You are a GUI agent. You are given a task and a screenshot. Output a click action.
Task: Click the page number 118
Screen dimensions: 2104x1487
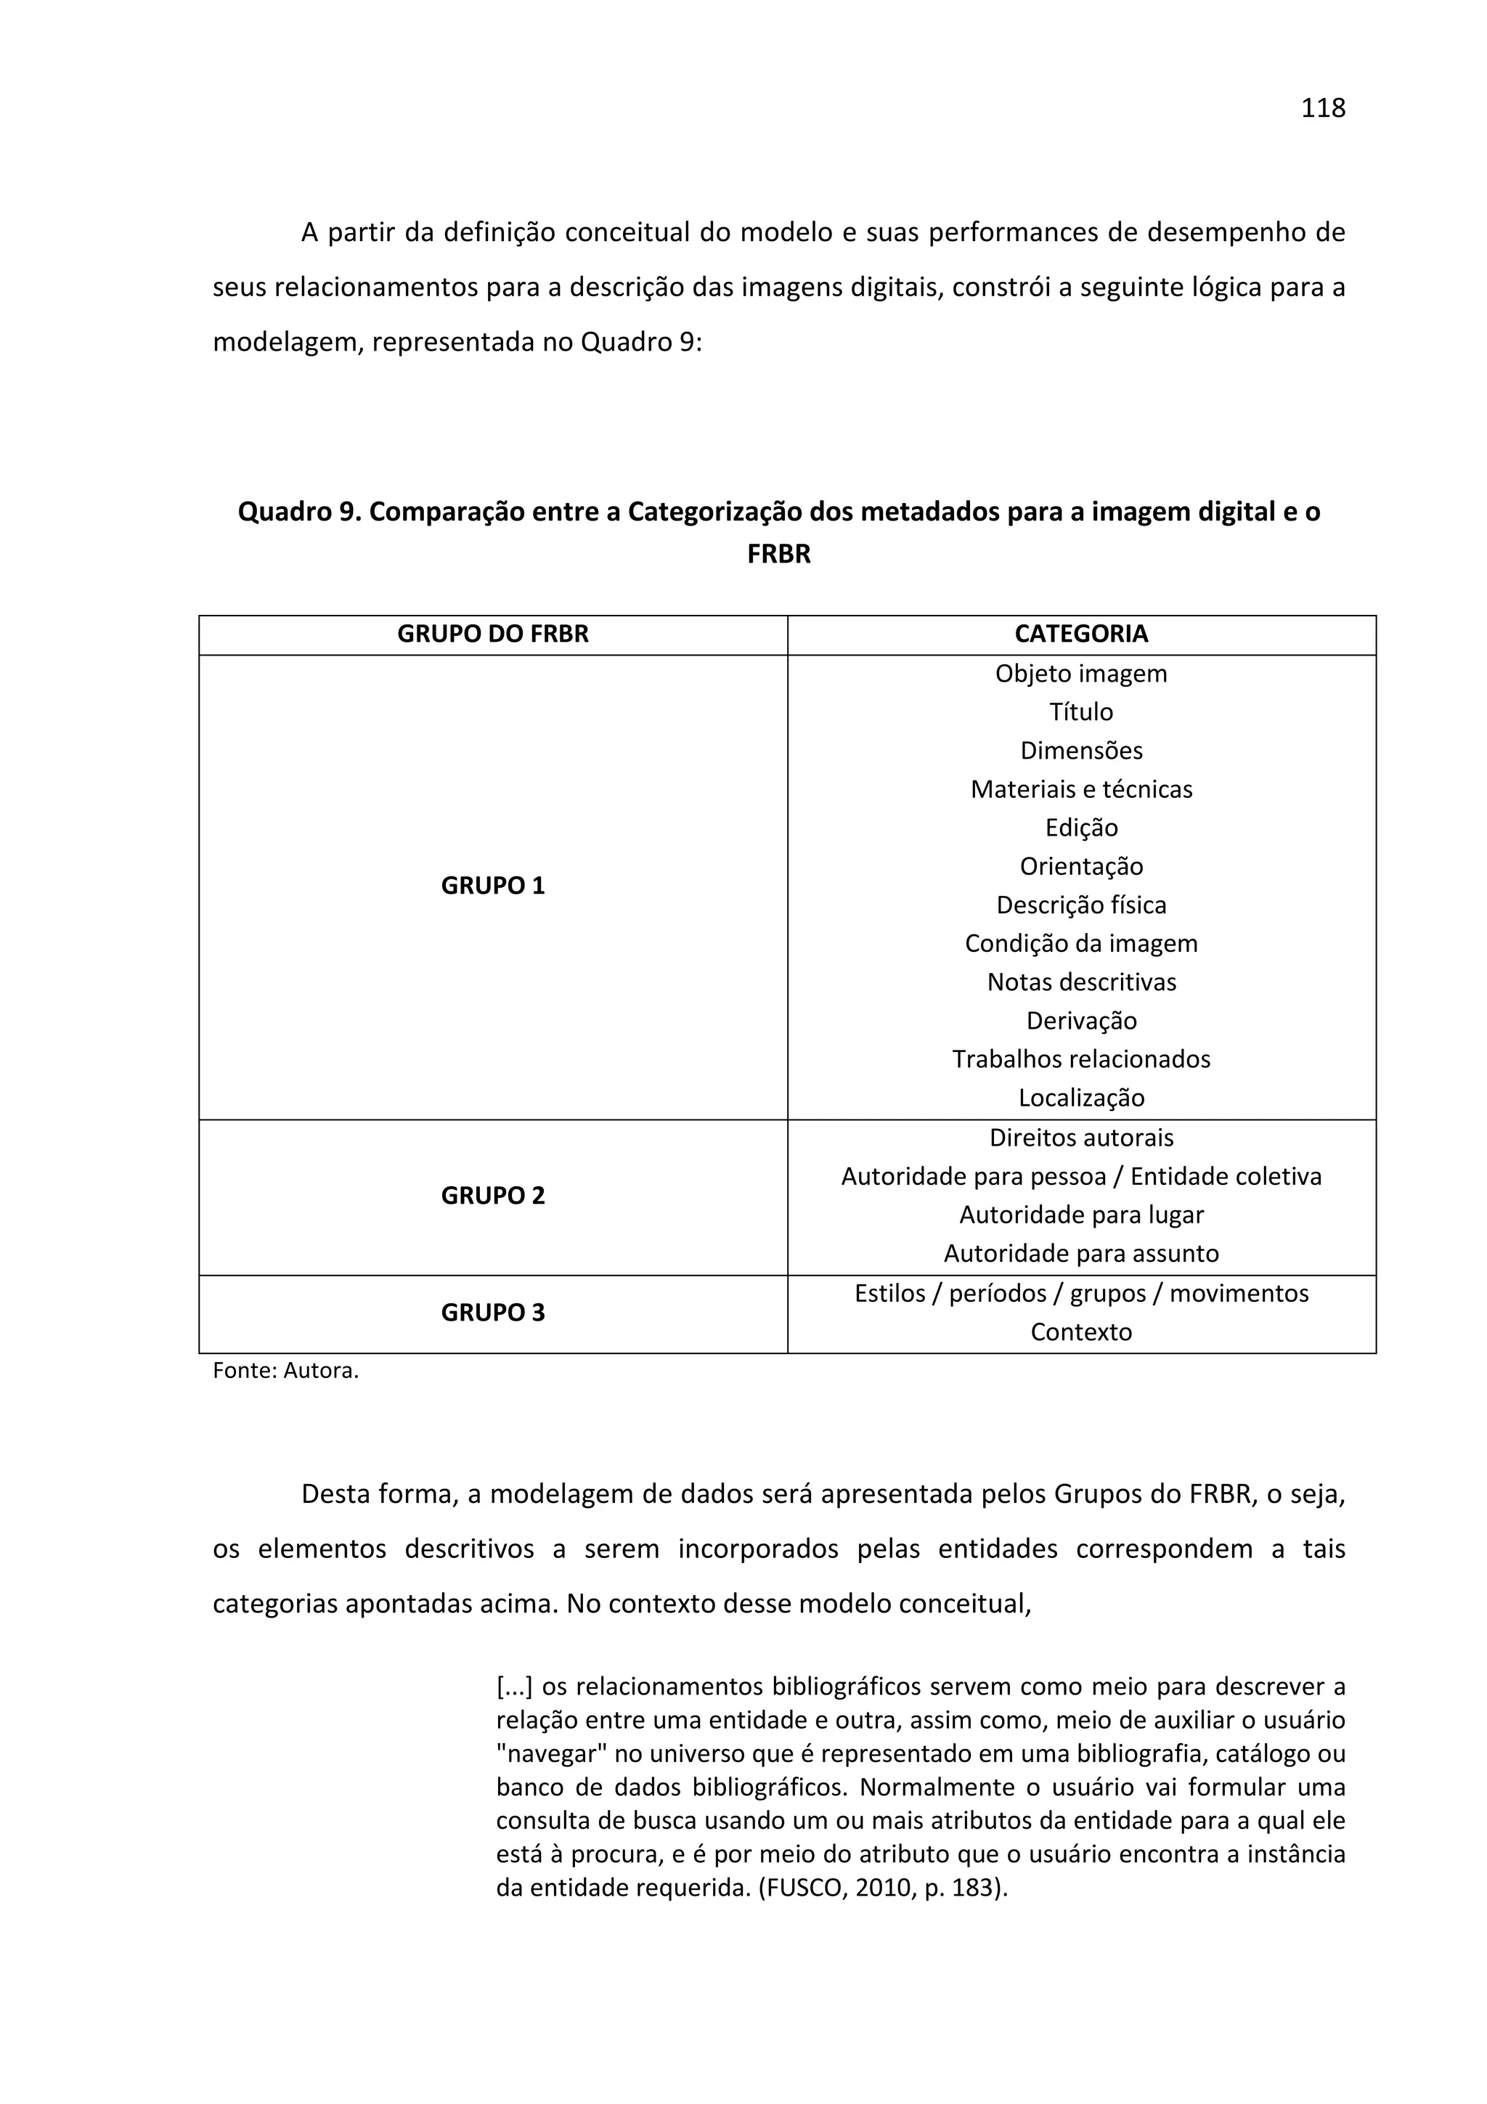pos(1322,108)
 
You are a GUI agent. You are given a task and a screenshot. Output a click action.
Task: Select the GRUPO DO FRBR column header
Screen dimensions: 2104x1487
pos(492,634)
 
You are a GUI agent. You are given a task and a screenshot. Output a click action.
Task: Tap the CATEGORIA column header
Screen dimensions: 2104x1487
pos(1080,634)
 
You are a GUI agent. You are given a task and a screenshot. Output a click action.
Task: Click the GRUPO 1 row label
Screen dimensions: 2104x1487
pos(492,885)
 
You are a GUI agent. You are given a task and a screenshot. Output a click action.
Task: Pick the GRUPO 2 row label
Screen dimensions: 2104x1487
pos(492,1195)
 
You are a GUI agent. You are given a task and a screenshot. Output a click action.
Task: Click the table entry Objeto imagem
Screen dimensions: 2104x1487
pos(1081,674)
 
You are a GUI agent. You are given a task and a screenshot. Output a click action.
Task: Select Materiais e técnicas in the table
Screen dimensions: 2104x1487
pos(1081,789)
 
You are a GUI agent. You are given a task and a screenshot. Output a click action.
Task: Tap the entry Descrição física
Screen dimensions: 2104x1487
pos(1081,905)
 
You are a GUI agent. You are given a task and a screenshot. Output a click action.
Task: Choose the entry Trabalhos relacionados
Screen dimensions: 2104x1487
pos(1081,1059)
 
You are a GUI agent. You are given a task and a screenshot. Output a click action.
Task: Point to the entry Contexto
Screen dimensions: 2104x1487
pos(1081,1332)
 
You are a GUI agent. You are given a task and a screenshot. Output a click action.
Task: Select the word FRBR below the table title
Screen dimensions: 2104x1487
pos(779,555)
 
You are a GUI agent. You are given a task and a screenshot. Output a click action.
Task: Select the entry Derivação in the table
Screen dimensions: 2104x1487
pos(1081,1020)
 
